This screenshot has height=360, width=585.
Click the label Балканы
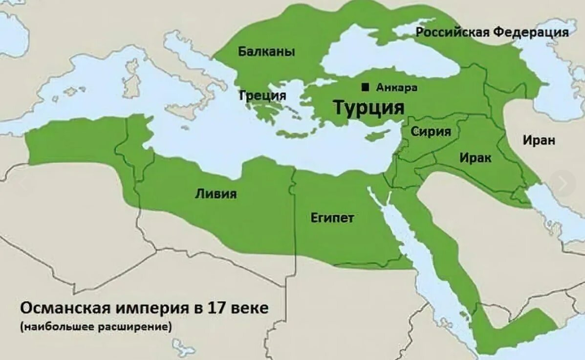(266, 51)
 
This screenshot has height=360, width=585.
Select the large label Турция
(369, 107)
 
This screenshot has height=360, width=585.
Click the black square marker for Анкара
(365, 87)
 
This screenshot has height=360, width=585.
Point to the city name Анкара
(396, 88)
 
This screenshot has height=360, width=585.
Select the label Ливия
(216, 194)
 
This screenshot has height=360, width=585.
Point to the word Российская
(452, 32)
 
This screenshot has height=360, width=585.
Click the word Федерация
(531, 32)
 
